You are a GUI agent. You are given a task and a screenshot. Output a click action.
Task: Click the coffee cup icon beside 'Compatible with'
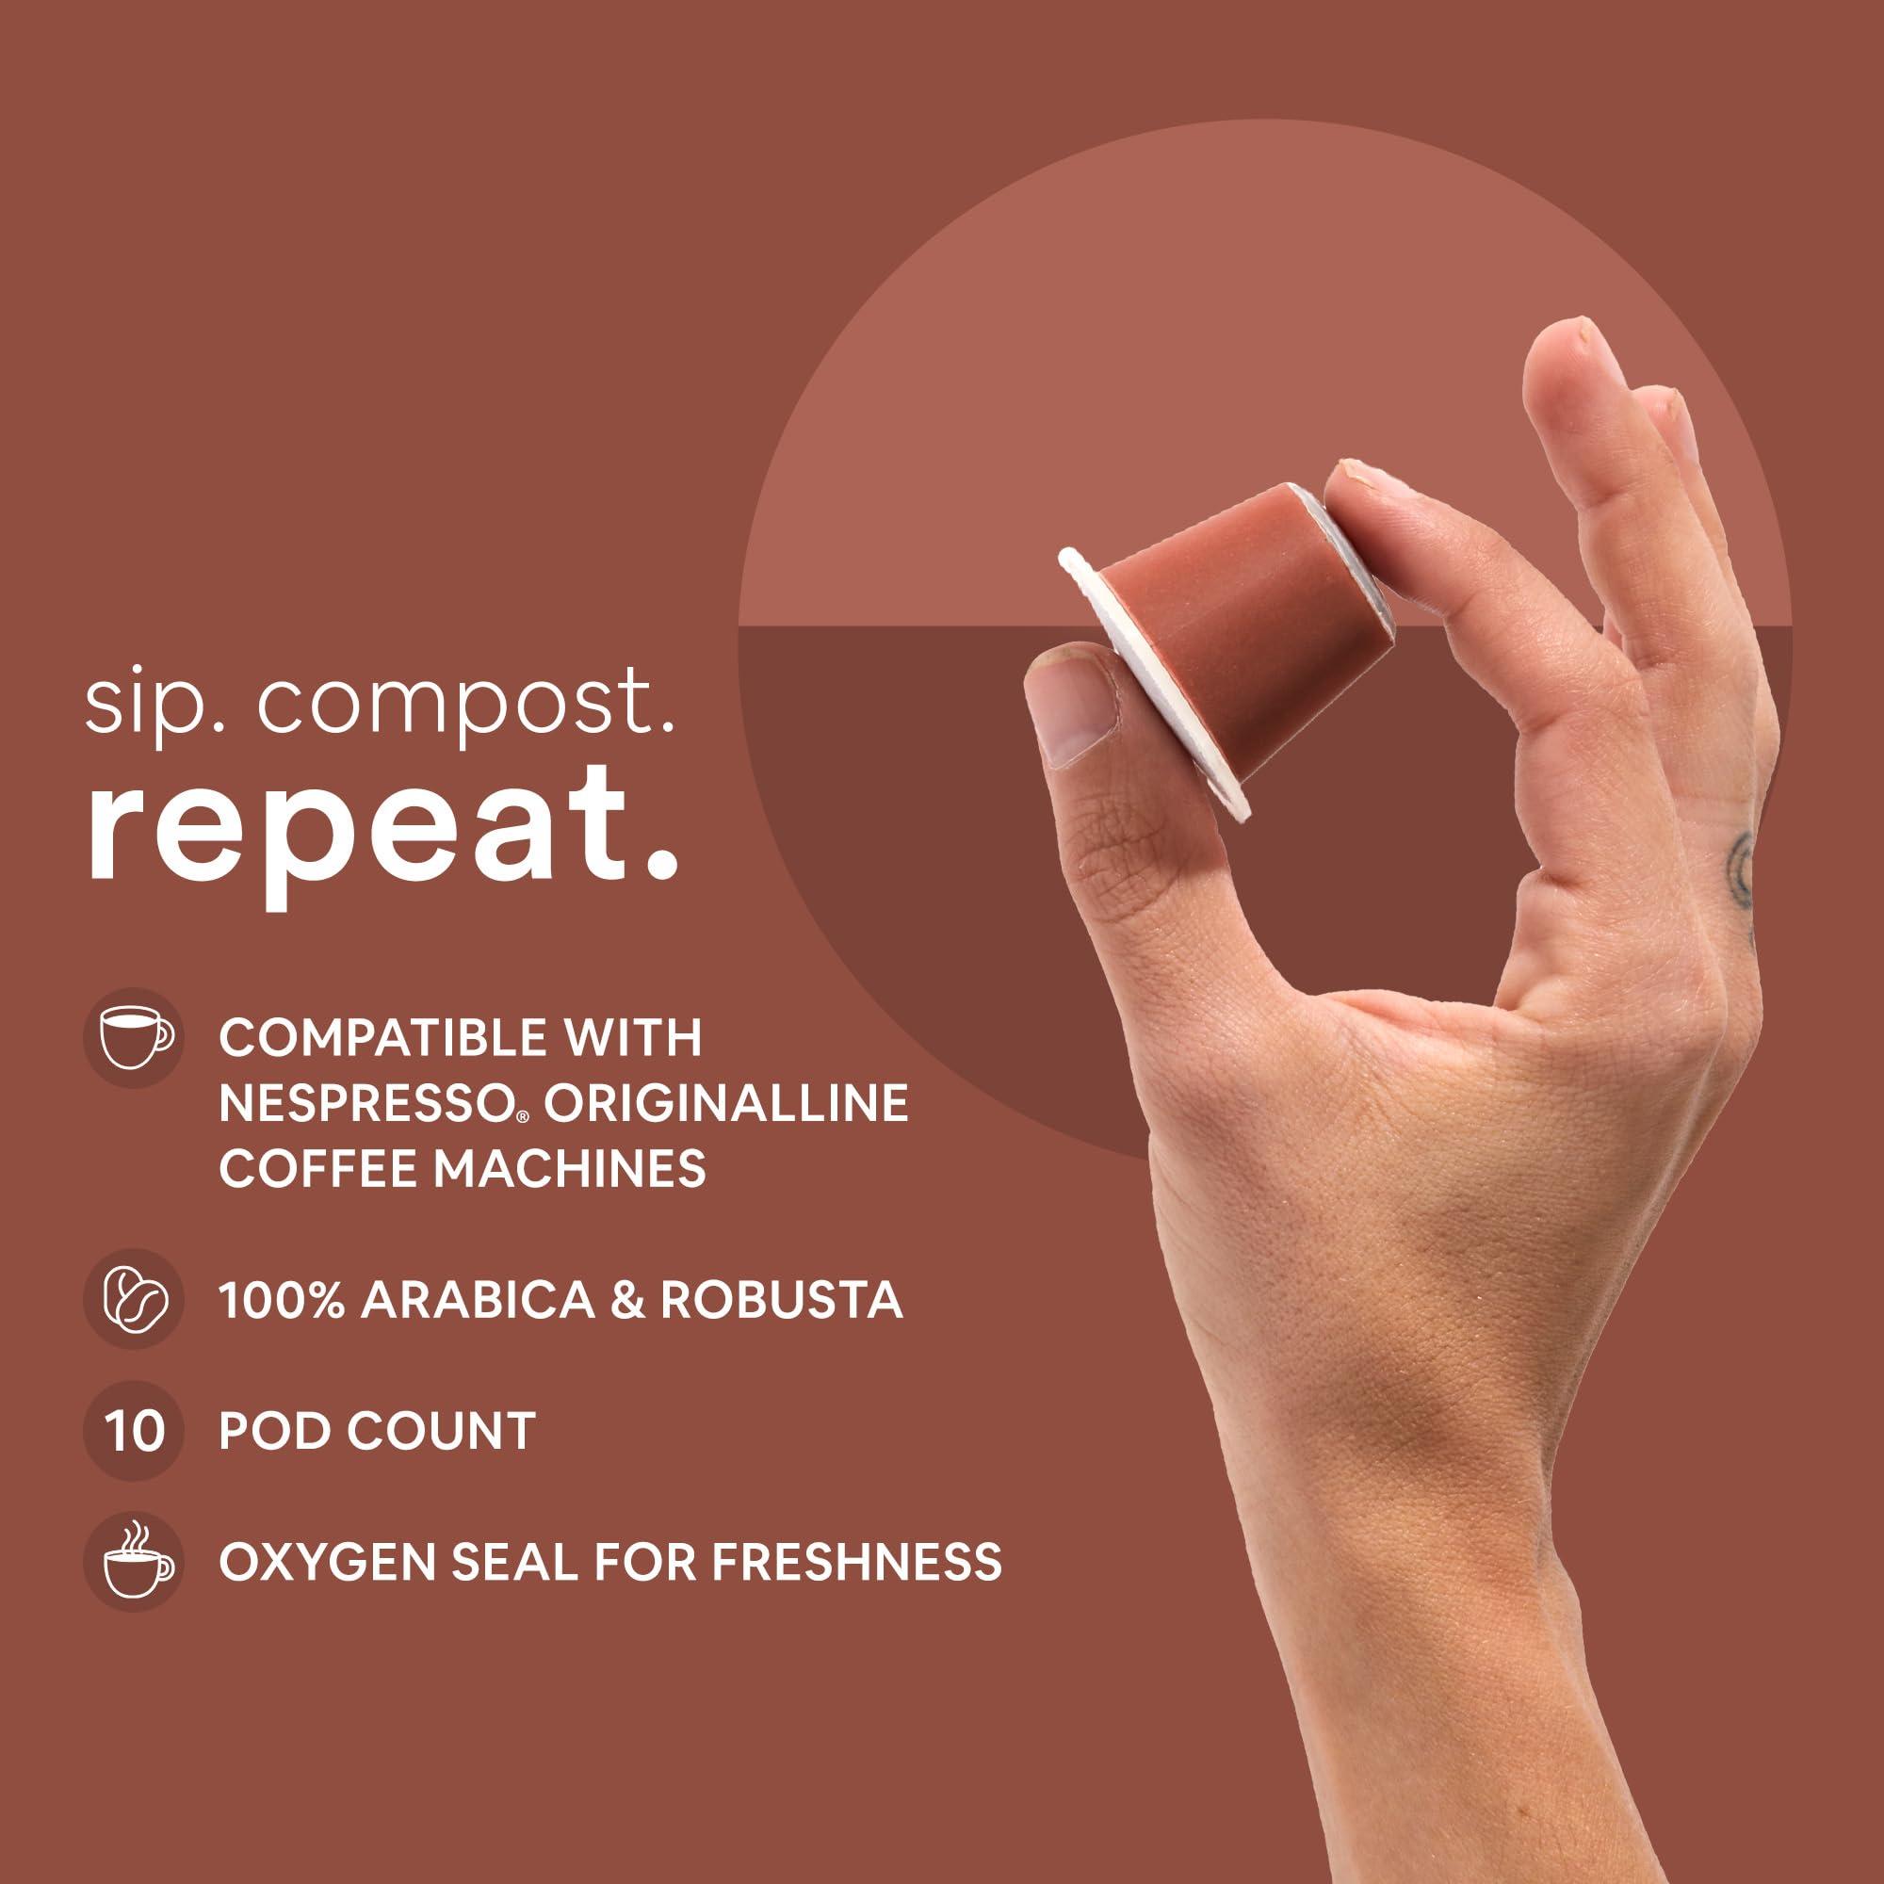pyautogui.click(x=134, y=1037)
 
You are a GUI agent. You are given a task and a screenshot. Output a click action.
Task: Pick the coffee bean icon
pyautogui.click(x=134, y=1299)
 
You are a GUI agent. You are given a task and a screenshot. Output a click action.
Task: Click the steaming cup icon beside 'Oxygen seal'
pyautogui.click(x=134, y=1561)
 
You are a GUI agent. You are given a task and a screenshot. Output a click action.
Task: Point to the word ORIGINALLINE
pyautogui.click(x=725, y=1103)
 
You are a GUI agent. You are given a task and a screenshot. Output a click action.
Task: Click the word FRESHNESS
pyautogui.click(x=856, y=1561)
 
